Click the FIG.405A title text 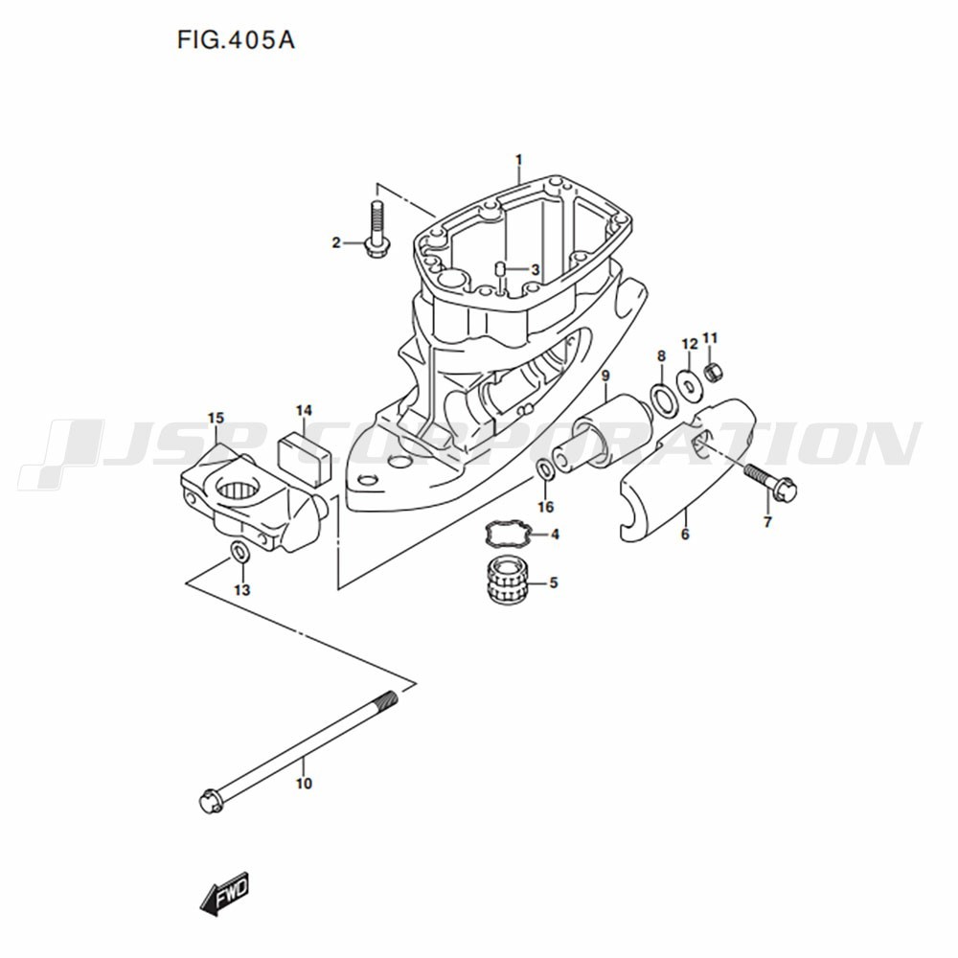(236, 40)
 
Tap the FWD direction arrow (225, 893)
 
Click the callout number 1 (518, 161)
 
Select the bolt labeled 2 (374, 230)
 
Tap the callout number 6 (685, 535)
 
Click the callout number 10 (304, 784)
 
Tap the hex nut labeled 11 (711, 371)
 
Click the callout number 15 (215, 419)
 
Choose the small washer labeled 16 (546, 469)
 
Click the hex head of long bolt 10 (210, 800)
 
